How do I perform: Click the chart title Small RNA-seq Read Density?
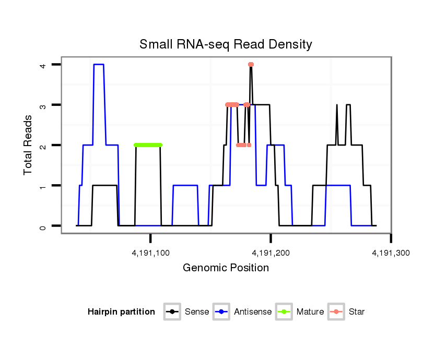pos(226,44)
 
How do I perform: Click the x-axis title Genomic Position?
pos(226,268)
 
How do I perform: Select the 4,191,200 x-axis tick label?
pos(271,253)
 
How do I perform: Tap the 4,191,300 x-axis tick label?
pos(391,253)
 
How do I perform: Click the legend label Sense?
pos(197,312)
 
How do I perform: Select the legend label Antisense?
pos(253,312)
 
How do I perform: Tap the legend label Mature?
pos(310,312)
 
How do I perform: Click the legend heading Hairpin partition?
pos(121,312)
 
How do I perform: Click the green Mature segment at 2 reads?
pos(148,145)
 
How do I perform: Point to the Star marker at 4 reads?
pos(251,65)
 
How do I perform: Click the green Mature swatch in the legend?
pos(285,312)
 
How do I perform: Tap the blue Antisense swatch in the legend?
pos(222,312)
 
